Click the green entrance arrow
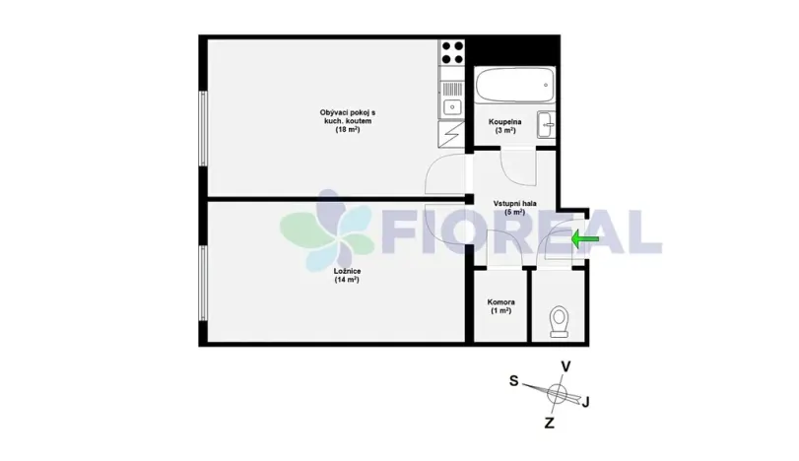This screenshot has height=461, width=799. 585,238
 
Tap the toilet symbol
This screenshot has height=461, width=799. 560,321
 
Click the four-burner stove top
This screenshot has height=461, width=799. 452,51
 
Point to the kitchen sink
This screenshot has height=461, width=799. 452,106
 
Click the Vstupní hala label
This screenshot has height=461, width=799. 514,203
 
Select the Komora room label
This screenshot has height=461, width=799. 501,302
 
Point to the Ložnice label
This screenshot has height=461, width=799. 346,270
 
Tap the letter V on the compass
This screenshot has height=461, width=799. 566,366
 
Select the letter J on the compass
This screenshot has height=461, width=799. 587,401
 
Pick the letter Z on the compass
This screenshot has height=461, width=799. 550,423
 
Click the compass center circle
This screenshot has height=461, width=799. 558,394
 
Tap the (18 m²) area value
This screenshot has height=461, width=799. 347,130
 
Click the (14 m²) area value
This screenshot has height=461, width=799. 346,280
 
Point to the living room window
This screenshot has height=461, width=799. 203,128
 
